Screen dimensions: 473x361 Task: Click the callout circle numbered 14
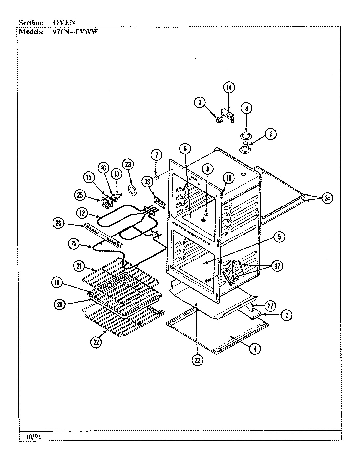[229, 87]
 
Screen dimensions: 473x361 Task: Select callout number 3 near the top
[199, 102]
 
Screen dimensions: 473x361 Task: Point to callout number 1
[270, 134]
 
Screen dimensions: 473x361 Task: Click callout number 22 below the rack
[96, 342]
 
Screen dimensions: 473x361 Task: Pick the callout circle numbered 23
[197, 360]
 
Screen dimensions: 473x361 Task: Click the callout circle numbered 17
[277, 266]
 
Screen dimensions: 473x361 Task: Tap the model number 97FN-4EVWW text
[76, 32]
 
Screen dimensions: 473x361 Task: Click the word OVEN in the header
[64, 23]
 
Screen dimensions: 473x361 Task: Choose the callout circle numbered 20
[59, 304]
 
